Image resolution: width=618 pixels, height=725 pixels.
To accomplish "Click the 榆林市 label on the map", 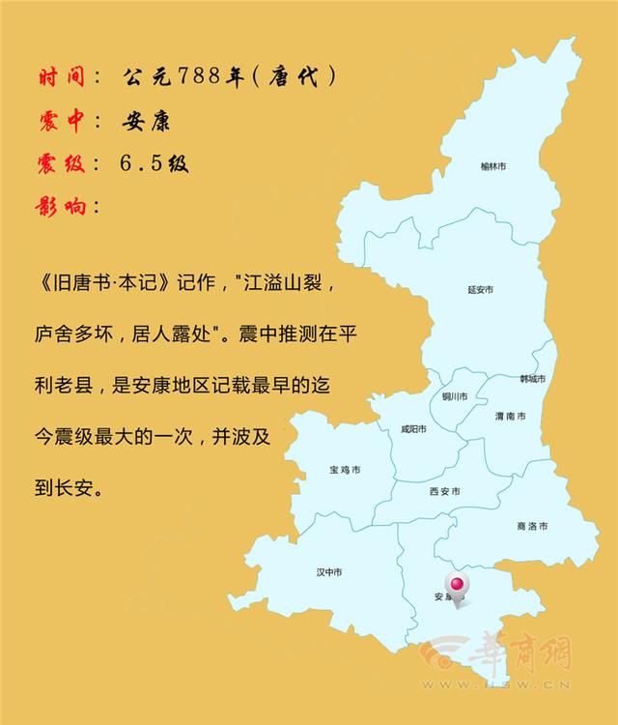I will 493,166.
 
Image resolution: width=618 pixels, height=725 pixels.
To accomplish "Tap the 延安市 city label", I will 480,289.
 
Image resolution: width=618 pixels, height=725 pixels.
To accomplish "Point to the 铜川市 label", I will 454,396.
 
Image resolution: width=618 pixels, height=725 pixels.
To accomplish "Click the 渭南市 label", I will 510,416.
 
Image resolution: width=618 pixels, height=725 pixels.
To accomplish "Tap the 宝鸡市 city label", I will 345,471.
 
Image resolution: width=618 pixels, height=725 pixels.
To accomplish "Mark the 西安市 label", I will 444,491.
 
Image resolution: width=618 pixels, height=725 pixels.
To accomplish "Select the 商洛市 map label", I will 532,526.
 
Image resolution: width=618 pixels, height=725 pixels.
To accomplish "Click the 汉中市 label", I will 329,572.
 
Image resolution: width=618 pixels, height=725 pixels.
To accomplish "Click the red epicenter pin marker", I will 455,585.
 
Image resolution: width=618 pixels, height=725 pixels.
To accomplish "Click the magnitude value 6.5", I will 144,163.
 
